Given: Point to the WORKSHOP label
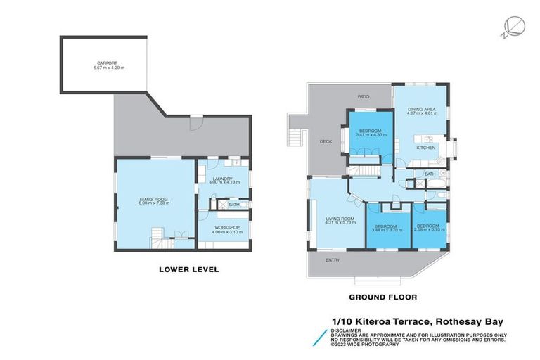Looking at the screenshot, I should [x=225, y=227].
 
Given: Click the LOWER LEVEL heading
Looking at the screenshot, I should [x=188, y=269].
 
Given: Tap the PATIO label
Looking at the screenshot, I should [x=364, y=96].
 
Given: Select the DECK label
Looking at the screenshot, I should [x=325, y=141].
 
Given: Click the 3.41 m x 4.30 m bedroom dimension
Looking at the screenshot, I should [x=370, y=135].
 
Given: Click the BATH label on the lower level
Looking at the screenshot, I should [x=233, y=205].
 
